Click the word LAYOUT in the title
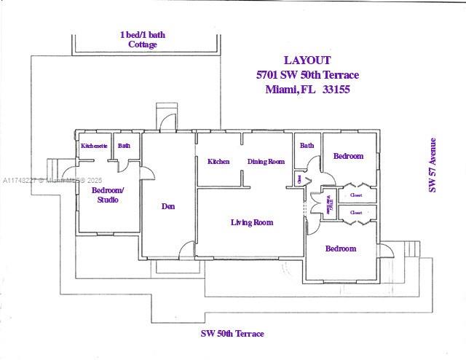click(307, 60)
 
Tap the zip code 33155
click(338, 90)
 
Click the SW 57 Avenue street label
click(433, 165)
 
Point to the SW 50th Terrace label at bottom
click(232, 334)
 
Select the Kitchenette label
click(95, 146)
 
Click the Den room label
click(168, 206)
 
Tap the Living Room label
click(252, 222)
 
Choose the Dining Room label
click(266, 162)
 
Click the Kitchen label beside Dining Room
click(218, 162)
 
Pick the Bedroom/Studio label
click(108, 195)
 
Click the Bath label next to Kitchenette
click(125, 146)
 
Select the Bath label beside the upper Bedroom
click(307, 146)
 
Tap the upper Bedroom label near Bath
click(348, 156)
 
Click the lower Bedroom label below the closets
click(341, 249)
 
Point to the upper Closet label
click(356, 195)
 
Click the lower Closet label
click(356, 213)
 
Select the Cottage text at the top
click(143, 44)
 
